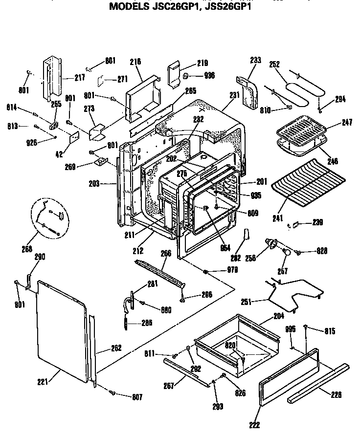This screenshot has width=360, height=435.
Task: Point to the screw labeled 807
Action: (x=112, y=392)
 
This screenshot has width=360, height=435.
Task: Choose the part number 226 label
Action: (x=336, y=394)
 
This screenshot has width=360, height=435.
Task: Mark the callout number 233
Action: (x=255, y=61)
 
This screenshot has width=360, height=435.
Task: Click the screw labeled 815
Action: (x=306, y=326)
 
